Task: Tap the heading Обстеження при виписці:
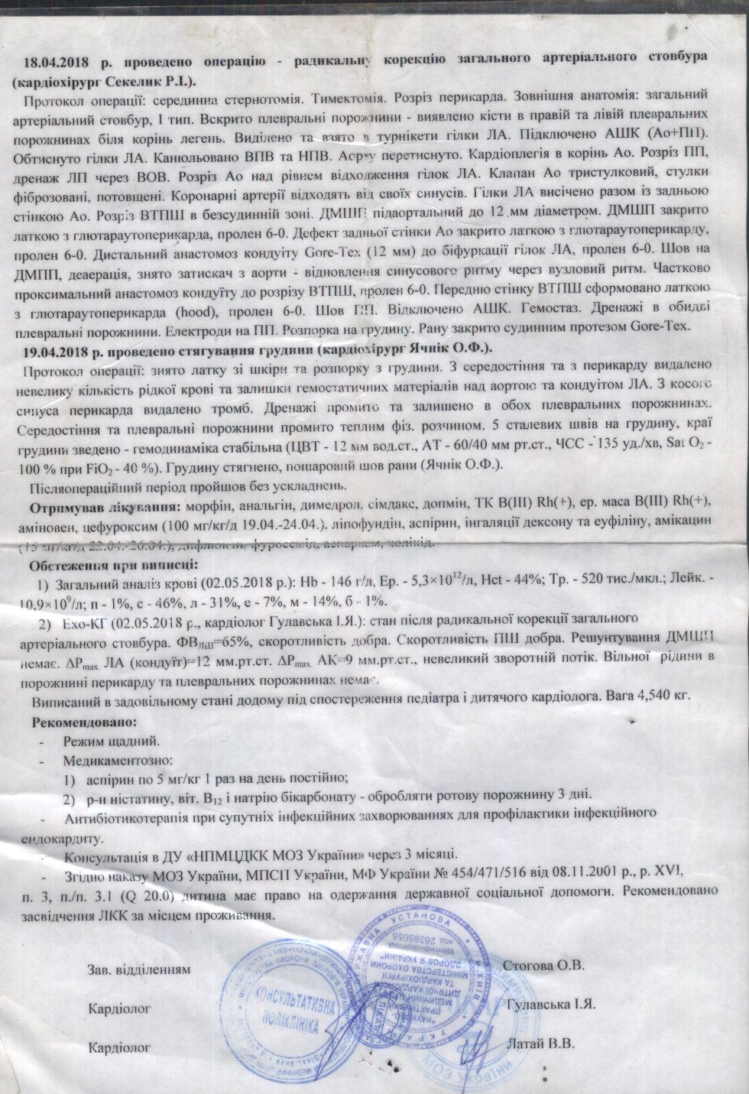pos(113,566)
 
